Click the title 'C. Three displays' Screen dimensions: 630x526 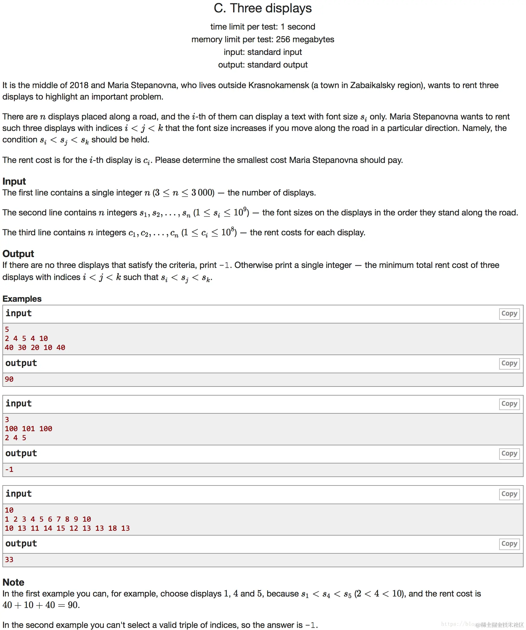click(262, 8)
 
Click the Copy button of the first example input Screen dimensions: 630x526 click(509, 313)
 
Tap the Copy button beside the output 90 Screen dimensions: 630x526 click(509, 363)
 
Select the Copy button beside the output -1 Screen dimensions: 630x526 click(509, 453)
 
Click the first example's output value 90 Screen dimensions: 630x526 click(9, 379)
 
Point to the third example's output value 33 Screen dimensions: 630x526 click(9, 560)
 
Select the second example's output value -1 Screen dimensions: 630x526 click(9, 469)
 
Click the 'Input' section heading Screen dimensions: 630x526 click(14, 181)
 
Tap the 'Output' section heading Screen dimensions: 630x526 click(18, 254)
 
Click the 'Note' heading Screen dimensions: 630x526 click(13, 582)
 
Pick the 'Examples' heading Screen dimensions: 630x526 click(22, 299)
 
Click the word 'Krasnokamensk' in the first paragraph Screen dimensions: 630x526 click(279, 85)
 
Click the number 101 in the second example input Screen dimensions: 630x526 click(28, 429)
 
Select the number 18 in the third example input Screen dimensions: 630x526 click(112, 528)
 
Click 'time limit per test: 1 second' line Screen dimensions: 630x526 click(262, 27)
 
